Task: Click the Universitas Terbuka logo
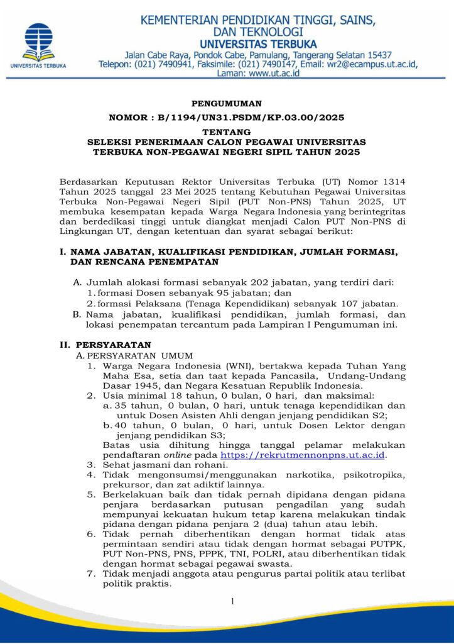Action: [x=39, y=43]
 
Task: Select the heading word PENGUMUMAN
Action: [x=226, y=104]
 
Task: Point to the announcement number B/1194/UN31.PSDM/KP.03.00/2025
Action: [x=248, y=118]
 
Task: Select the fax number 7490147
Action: [x=276, y=64]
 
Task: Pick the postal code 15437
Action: [x=377, y=55]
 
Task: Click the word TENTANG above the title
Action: [x=227, y=132]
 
